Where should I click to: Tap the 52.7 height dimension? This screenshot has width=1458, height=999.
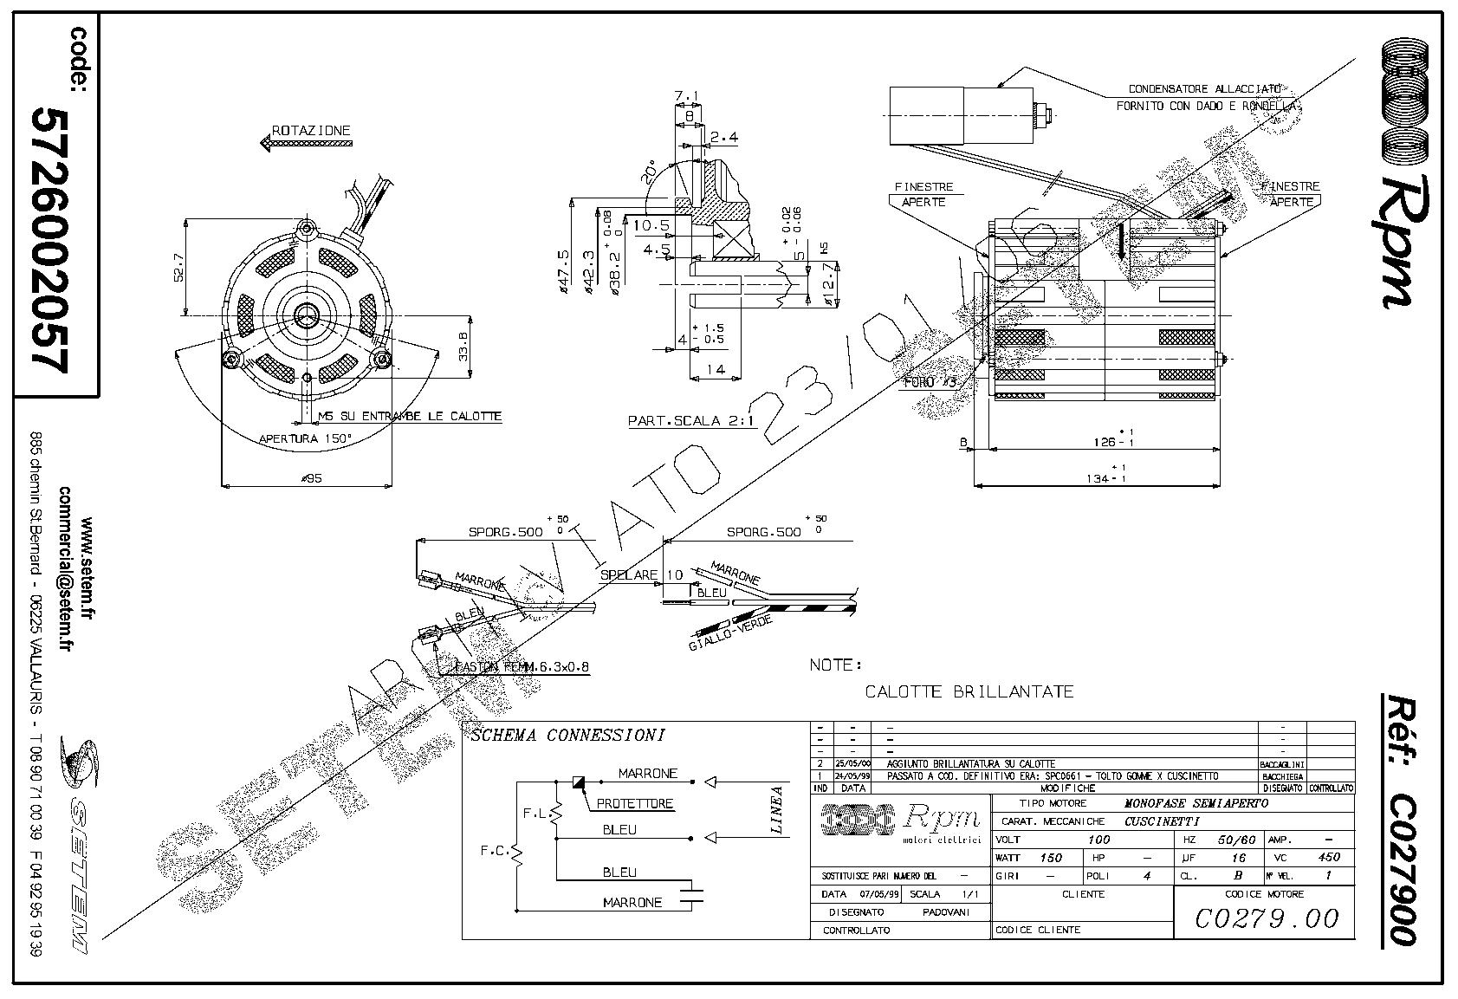point(178,268)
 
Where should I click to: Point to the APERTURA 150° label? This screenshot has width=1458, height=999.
point(305,438)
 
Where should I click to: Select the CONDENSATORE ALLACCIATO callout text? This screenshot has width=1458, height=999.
point(1204,89)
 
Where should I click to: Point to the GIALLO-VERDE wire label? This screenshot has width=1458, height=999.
point(718,639)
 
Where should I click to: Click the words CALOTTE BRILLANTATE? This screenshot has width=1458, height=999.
point(969,691)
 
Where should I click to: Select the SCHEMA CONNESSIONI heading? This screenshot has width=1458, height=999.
point(567,736)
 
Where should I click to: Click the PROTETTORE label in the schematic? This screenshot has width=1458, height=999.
point(634,803)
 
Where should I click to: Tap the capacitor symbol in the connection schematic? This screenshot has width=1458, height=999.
point(691,894)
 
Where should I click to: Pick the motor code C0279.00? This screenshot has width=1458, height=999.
point(1266,918)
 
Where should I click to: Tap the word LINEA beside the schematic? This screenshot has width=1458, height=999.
point(777,810)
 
